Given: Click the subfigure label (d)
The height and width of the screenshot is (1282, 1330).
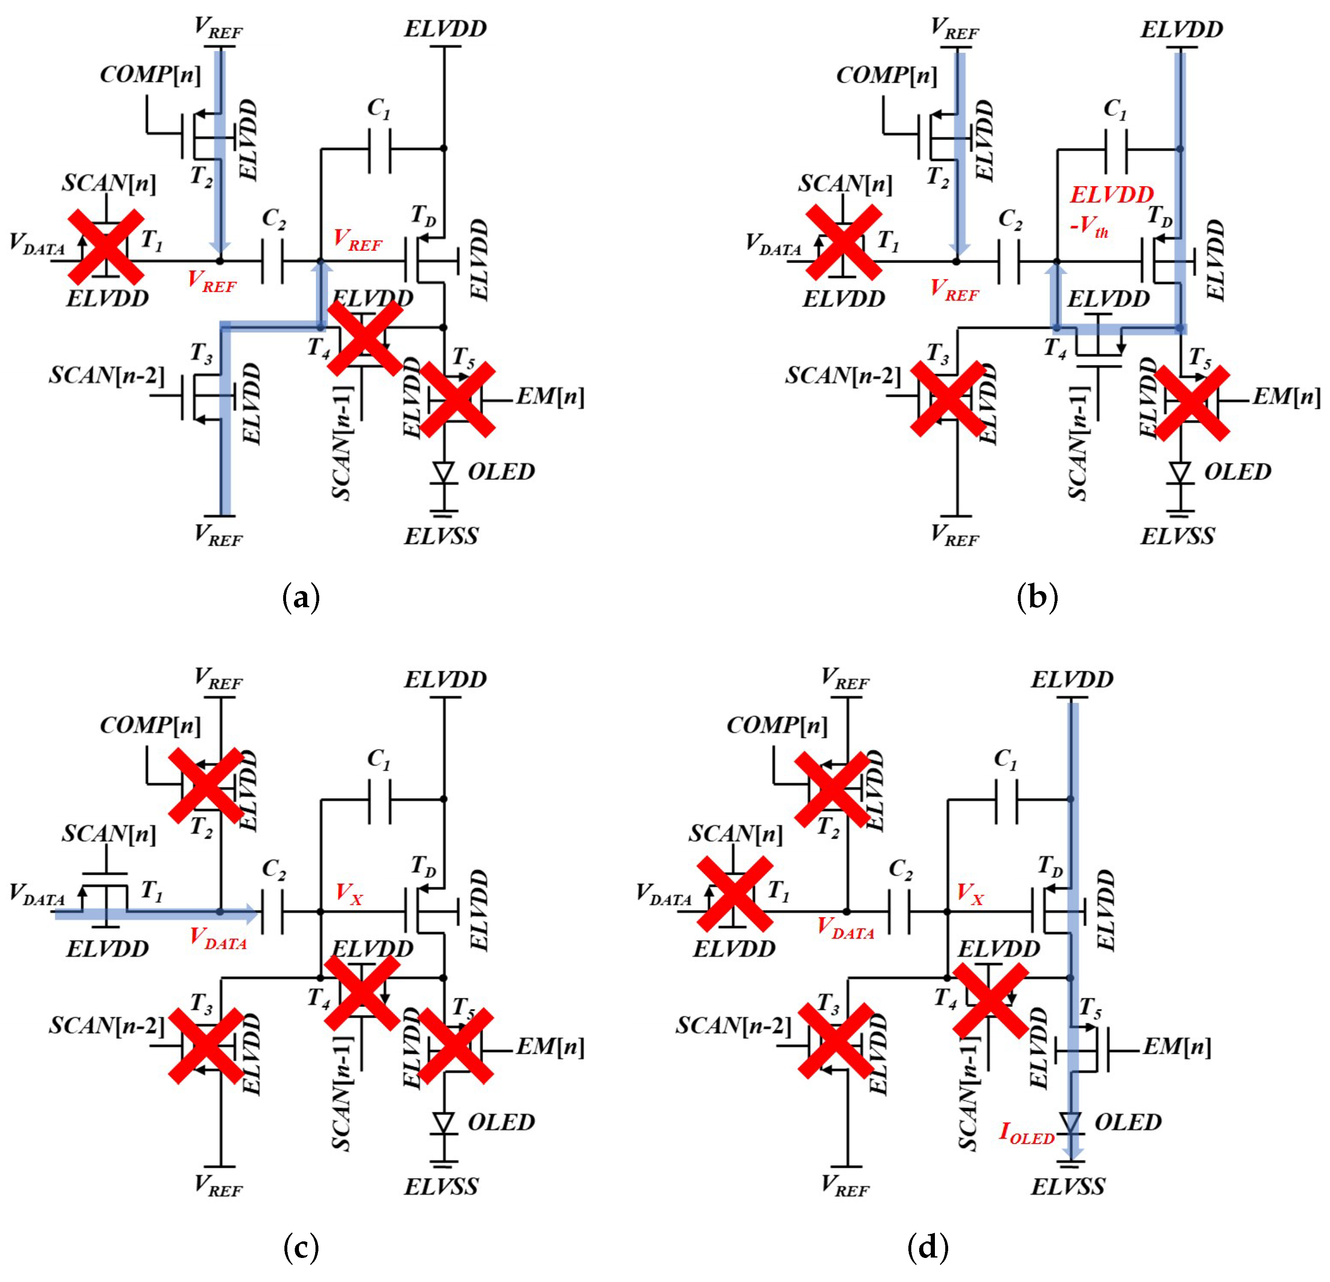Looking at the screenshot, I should coord(927,1247).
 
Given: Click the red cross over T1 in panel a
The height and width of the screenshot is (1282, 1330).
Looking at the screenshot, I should coord(106,246).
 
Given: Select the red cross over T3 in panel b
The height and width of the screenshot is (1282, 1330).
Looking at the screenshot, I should coord(947,399).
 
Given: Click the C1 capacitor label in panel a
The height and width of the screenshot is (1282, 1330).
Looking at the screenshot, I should coord(379,109).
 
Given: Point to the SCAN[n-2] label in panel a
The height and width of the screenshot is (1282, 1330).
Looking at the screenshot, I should coord(107,375).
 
